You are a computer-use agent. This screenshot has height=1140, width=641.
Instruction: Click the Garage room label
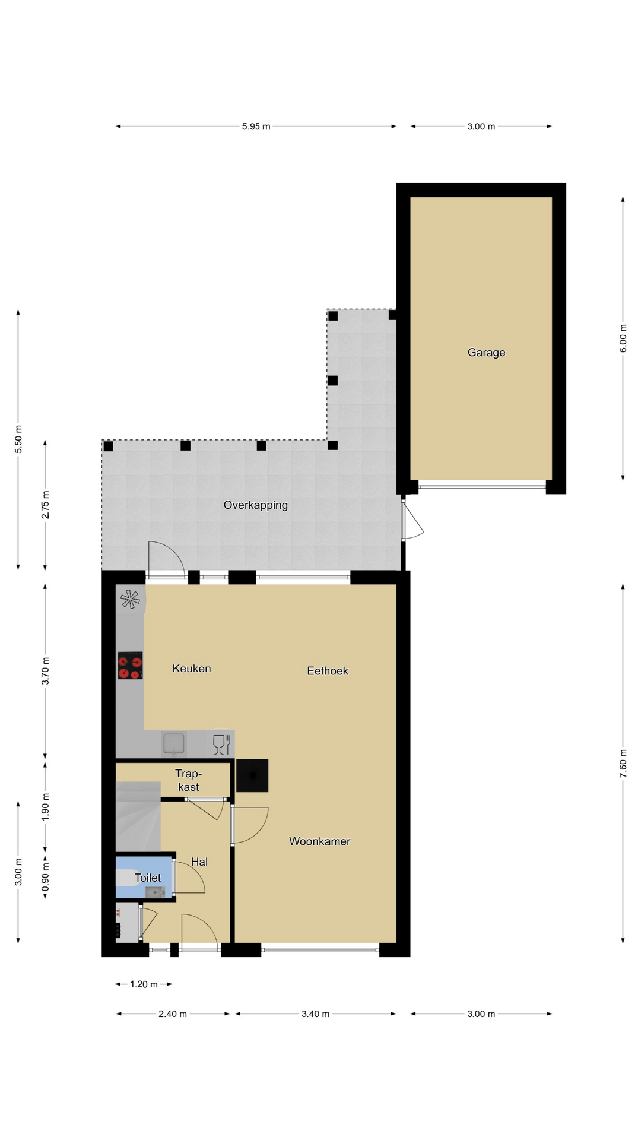(486, 353)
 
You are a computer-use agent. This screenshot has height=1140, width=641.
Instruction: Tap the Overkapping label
(256, 505)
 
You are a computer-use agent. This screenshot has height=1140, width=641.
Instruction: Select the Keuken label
(192, 669)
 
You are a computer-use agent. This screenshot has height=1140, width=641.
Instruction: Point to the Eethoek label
(328, 671)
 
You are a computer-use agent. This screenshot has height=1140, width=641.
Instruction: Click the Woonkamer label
(320, 841)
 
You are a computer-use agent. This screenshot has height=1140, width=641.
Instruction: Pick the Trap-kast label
(189, 780)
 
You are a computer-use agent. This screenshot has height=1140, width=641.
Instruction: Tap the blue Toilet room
(144, 878)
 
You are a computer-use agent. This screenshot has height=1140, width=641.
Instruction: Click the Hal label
(199, 862)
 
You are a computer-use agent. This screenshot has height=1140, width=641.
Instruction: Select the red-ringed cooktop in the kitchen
(130, 666)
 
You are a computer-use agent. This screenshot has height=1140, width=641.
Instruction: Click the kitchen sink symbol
(174, 744)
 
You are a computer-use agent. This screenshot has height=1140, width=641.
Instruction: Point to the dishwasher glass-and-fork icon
(221, 745)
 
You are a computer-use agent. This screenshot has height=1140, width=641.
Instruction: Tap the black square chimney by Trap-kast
(252, 775)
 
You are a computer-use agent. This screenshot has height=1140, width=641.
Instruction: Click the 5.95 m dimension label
(256, 126)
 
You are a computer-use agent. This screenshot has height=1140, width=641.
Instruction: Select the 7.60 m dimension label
(623, 764)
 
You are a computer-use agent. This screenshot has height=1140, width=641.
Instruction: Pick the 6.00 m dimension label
(623, 338)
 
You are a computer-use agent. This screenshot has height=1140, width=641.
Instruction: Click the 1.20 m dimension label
(144, 984)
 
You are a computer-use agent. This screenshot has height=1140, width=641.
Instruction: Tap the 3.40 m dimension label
(315, 1014)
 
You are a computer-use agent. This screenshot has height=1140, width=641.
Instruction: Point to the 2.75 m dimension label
(45, 505)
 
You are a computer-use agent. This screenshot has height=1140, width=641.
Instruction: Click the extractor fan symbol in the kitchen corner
(131, 599)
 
